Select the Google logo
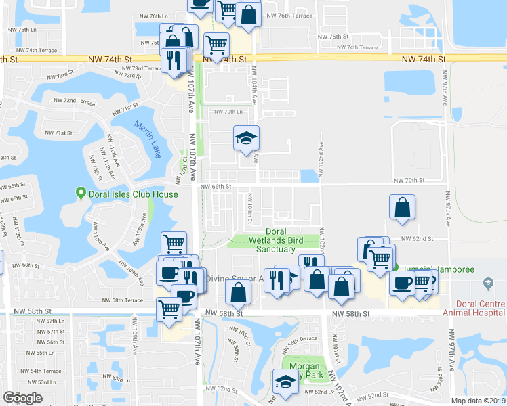tap(22, 398)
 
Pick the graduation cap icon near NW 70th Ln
tap(246, 138)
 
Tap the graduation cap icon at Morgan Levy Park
tap(285, 383)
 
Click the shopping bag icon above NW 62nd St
tap(403, 208)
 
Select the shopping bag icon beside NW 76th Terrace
tap(249, 14)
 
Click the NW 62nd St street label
tap(417, 238)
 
